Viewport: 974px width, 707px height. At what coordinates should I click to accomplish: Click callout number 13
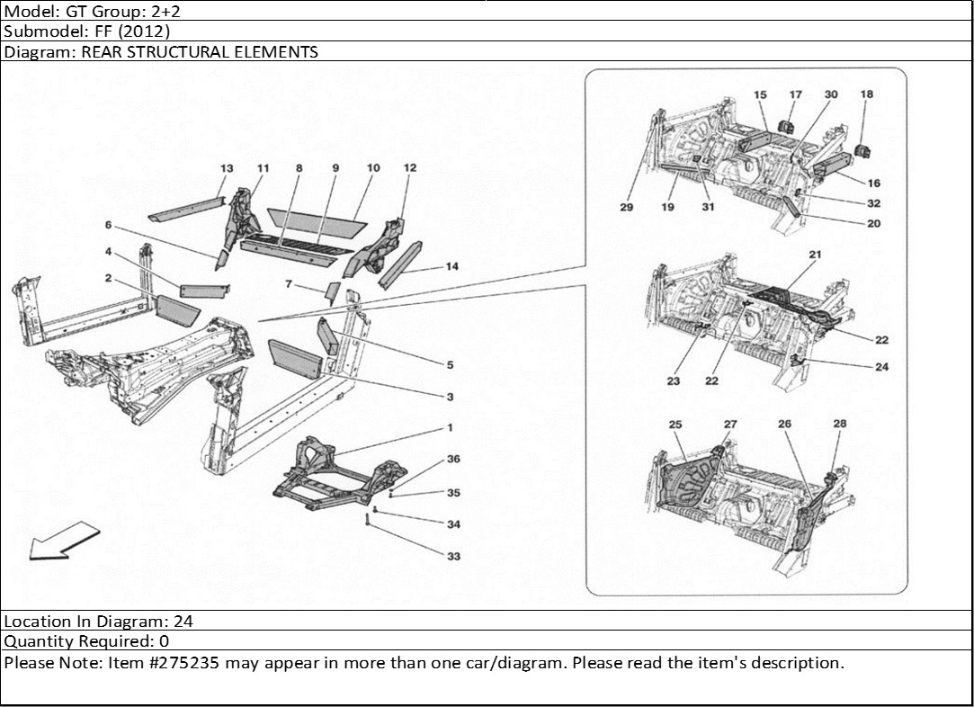(226, 169)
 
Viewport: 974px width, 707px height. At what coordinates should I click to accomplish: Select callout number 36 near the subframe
(453, 459)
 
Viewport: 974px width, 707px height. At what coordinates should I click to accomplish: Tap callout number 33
(453, 557)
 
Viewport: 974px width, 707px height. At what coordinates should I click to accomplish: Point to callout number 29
(627, 207)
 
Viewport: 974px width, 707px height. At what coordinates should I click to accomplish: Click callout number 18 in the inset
(866, 94)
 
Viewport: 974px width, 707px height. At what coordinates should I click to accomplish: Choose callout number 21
(815, 255)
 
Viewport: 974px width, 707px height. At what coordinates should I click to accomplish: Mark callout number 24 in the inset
(881, 366)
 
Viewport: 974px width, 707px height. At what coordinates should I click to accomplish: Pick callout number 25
(675, 424)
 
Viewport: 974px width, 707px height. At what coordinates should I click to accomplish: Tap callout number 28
(839, 424)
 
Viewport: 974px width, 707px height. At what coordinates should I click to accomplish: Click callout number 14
(451, 266)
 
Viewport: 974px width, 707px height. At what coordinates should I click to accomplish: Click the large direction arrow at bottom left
(61, 544)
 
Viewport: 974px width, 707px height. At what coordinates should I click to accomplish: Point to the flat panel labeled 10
(315, 217)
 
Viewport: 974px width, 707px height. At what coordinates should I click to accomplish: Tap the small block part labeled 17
(786, 125)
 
